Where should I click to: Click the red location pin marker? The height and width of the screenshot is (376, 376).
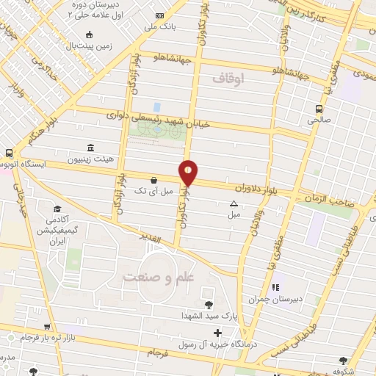(189, 173)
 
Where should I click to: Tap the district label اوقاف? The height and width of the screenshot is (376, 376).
(227, 77)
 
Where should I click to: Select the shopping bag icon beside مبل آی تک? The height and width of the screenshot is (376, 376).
(153, 180)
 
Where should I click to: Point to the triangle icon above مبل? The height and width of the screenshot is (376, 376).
(234, 203)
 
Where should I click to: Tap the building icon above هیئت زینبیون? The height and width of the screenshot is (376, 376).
(90, 147)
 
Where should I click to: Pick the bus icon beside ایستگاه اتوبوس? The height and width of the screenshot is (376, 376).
(8, 153)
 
